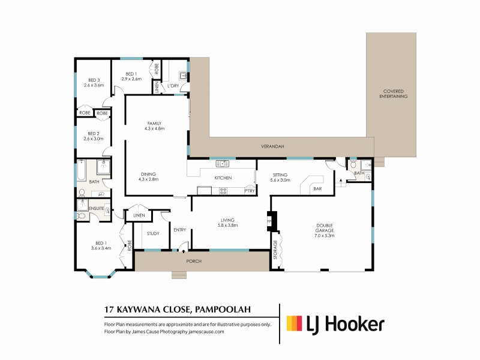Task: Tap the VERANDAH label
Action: pyautogui.click(x=272, y=146)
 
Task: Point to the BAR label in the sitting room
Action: pyautogui.click(x=317, y=188)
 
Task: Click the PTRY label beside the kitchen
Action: pyautogui.click(x=249, y=191)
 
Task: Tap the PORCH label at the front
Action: pyautogui.click(x=193, y=262)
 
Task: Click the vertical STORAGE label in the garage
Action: pyautogui.click(x=276, y=250)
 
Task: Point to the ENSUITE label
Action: pyautogui.click(x=97, y=208)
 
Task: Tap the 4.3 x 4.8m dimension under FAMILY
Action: pyautogui.click(x=155, y=128)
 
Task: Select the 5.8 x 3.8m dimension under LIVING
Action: pyautogui.click(x=228, y=226)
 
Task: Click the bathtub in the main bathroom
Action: pyautogui.click(x=82, y=170)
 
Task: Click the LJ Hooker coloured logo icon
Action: pyautogui.click(x=293, y=324)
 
